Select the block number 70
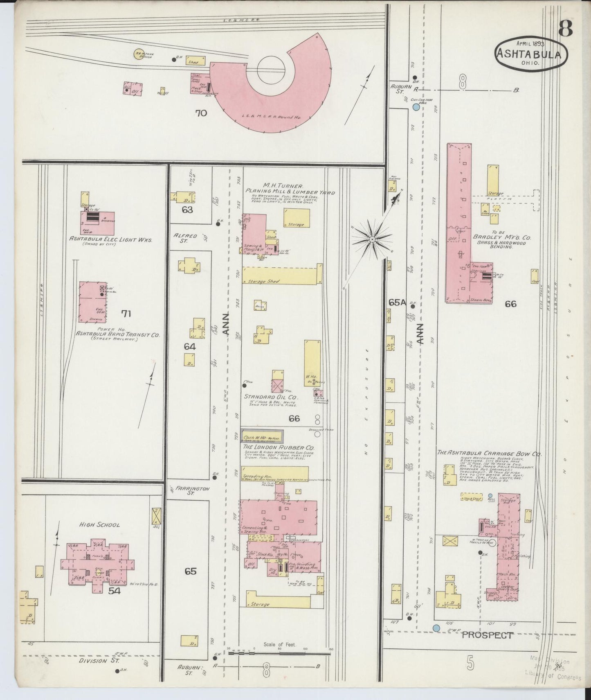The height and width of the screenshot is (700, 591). pos(201,113)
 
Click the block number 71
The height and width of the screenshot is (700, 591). pos(126,314)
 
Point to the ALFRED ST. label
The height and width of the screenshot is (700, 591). pos(185,238)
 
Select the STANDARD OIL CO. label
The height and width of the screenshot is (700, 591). pos(271,397)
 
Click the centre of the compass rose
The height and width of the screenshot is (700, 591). pos(372,239)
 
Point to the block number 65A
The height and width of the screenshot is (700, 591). pos(397,303)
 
